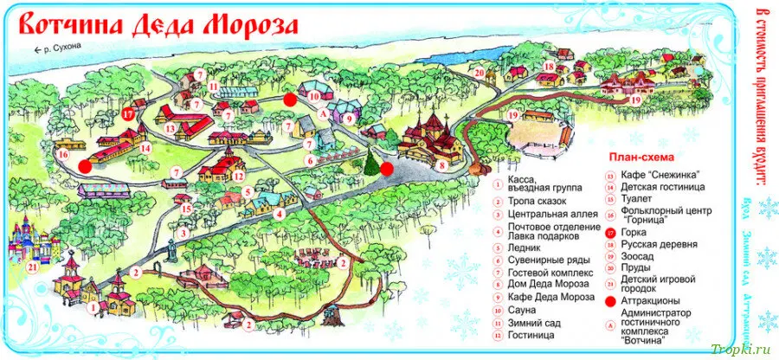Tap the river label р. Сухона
(62, 49)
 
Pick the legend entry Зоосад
(635, 256)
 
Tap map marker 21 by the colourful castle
(32, 267)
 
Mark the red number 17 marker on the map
(127, 113)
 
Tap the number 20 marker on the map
(479, 74)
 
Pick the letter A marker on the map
(322, 112)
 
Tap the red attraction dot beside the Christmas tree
(387, 169)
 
